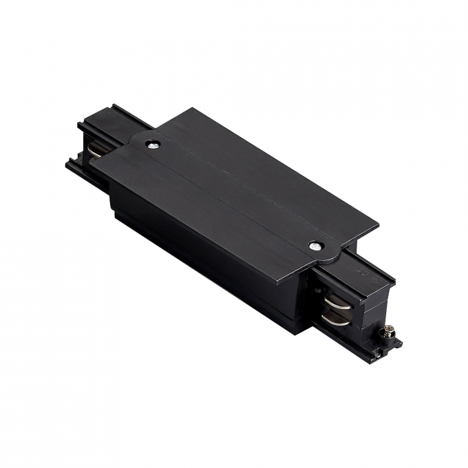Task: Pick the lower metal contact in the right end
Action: coord(334,319)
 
